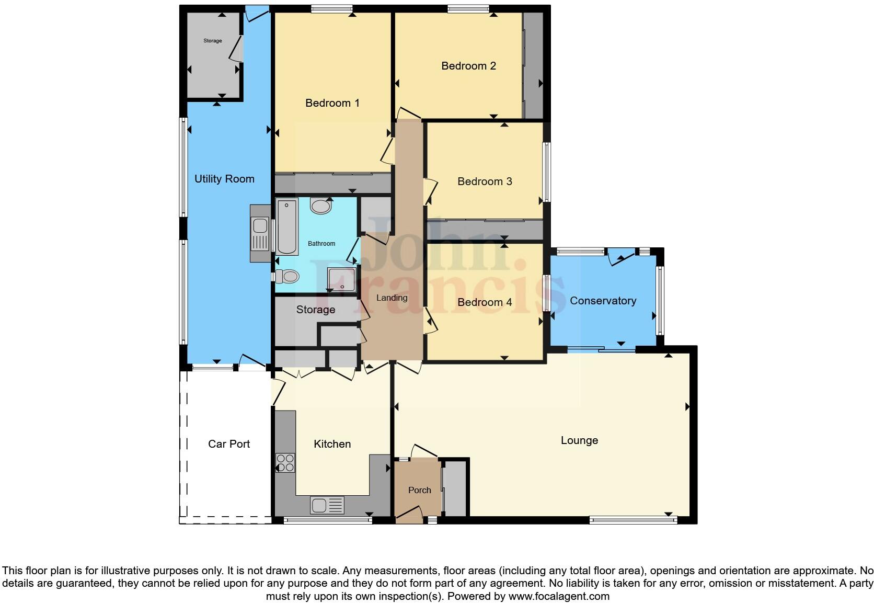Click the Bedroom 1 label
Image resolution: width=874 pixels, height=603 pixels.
332,103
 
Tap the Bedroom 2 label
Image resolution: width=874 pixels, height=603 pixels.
468,66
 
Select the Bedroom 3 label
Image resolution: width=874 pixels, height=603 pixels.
485,181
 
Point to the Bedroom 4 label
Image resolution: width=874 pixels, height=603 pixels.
485,302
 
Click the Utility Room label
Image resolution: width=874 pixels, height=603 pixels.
224,179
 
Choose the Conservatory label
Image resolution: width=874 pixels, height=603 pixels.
603,301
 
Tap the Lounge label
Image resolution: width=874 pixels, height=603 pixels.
579,440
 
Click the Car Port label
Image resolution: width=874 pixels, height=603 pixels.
229,444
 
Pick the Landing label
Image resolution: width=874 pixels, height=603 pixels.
392,298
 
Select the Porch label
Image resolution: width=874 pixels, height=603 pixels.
419,490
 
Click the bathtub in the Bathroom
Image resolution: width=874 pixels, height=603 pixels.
286,226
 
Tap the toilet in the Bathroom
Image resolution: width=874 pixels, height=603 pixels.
287,276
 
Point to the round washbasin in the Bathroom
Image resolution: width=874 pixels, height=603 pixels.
320,206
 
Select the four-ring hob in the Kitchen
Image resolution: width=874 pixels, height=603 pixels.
285,463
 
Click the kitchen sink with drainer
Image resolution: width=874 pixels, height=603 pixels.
327,506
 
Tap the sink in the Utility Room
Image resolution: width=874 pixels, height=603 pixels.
260,233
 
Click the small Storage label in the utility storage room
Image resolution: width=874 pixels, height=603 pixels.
213,41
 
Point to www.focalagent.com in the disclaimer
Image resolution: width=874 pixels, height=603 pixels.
559,596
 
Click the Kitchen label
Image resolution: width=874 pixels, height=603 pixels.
332,444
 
